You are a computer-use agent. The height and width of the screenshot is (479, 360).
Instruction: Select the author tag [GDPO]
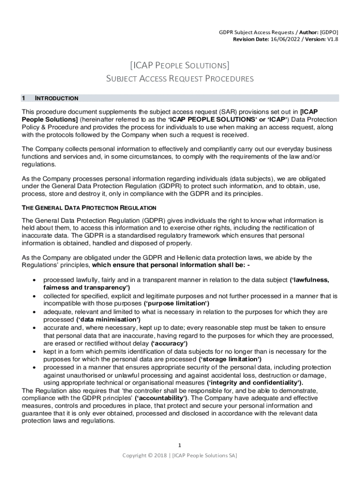329,32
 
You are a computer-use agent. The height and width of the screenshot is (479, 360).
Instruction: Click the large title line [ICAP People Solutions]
180,64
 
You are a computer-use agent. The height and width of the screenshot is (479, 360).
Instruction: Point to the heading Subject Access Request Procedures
180,79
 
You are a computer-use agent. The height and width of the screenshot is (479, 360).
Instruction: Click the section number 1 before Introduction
23,98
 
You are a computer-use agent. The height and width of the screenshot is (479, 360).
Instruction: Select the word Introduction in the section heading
57,98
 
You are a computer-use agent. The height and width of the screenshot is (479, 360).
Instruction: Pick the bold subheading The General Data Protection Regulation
89,207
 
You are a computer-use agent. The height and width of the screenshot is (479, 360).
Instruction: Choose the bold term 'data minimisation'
108,319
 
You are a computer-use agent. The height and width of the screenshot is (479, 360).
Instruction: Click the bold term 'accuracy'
168,343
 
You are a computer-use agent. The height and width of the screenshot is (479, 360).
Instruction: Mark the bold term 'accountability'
161,398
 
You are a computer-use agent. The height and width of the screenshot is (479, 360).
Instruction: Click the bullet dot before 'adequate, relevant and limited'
35,312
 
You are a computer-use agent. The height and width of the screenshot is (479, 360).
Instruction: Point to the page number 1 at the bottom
180,445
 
